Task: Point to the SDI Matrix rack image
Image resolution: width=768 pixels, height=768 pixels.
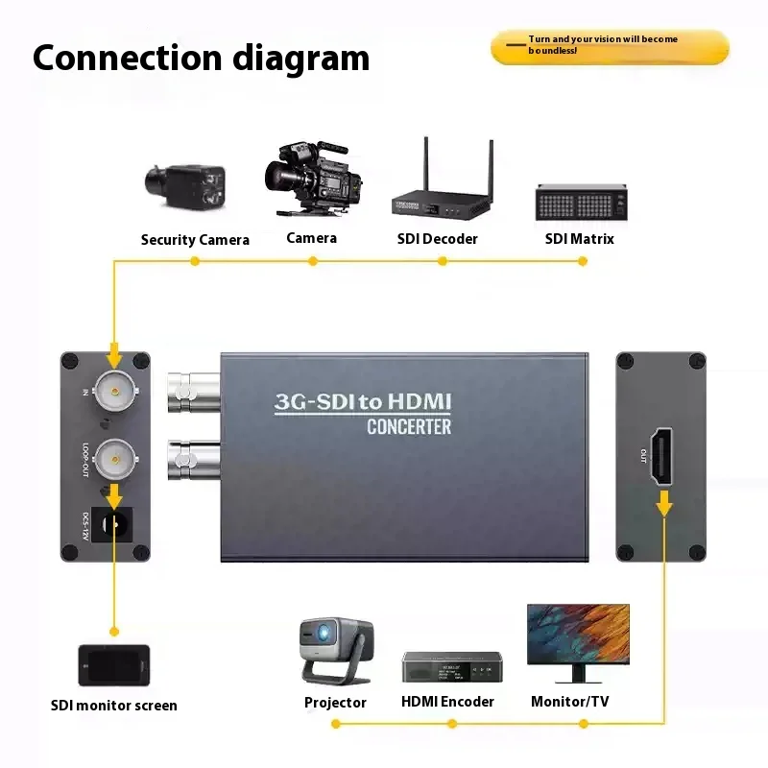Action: point(580,202)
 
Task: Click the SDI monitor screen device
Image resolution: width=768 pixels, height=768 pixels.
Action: point(114,664)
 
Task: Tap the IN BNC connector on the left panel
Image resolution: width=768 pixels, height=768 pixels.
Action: point(114,390)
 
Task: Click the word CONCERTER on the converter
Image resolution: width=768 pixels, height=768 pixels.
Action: point(409,426)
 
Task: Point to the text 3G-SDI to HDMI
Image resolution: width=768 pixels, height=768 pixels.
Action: point(363,402)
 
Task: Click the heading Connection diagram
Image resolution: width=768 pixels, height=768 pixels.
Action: point(201,58)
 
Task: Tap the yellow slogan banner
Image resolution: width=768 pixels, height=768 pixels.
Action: point(610,46)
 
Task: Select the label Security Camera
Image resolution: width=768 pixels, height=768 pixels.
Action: point(195,240)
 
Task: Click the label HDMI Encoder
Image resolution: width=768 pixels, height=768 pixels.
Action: point(447,702)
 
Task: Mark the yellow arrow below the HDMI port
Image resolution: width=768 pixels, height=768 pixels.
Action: point(663,502)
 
